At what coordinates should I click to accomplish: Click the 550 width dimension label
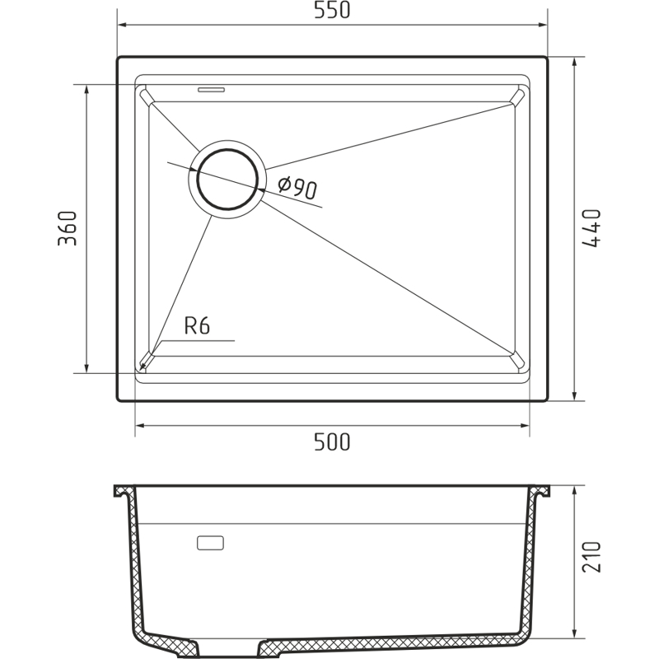coord(332,11)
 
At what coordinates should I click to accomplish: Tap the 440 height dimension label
coord(591,228)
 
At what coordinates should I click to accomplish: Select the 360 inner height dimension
coord(68,228)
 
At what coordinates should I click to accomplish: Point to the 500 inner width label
coord(332,442)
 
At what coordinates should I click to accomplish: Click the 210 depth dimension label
coord(591,557)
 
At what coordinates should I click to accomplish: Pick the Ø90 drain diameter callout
coord(297,188)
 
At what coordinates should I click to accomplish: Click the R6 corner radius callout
coord(197,325)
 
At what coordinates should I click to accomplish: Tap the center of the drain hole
coord(227,179)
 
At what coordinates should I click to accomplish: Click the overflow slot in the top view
coord(212,90)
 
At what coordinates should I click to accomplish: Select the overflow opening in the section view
coord(210,543)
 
